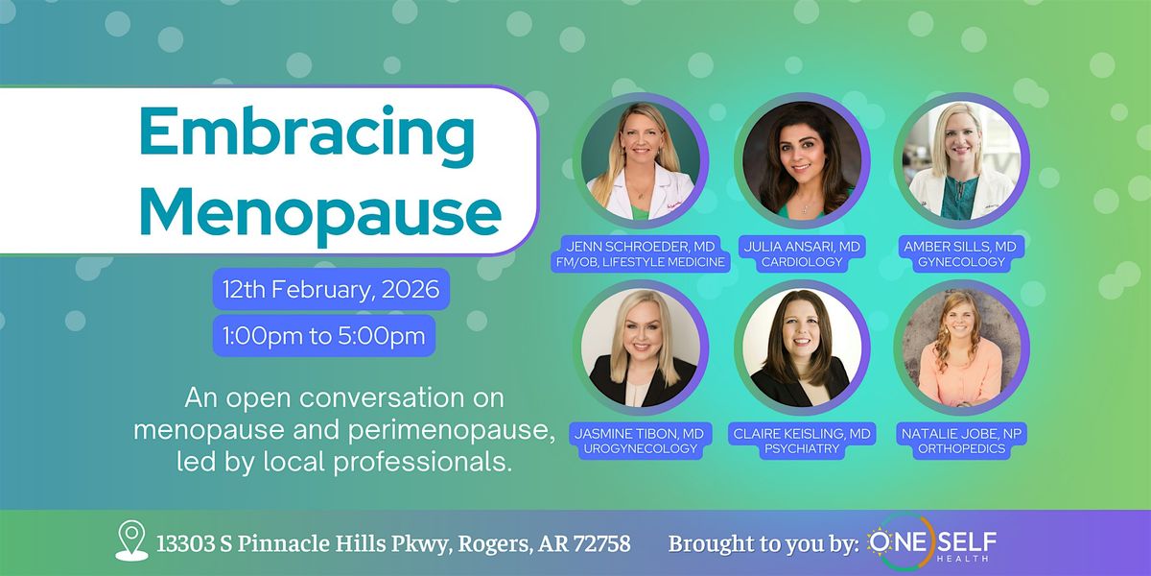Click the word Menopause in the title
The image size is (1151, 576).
(320, 212)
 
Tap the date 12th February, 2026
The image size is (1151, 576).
(331, 290)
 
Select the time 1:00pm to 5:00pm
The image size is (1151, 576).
(324, 336)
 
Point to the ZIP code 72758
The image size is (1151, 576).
(601, 543)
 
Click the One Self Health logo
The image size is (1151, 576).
(931, 543)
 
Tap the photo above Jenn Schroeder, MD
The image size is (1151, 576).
(641, 160)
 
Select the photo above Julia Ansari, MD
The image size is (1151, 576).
(802, 160)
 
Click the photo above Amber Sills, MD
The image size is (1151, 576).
(961, 160)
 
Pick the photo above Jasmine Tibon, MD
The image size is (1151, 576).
(641, 348)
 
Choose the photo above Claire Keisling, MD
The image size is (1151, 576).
(802, 348)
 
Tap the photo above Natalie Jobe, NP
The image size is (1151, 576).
(961, 348)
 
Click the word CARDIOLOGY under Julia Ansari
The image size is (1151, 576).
(802, 262)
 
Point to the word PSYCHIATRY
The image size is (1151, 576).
(802, 448)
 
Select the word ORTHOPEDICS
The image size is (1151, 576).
(961, 448)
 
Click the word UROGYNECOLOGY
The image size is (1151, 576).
(641, 448)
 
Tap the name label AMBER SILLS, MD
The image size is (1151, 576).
(960, 247)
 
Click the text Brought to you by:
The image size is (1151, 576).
(763, 544)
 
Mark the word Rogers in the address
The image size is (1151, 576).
(494, 544)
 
